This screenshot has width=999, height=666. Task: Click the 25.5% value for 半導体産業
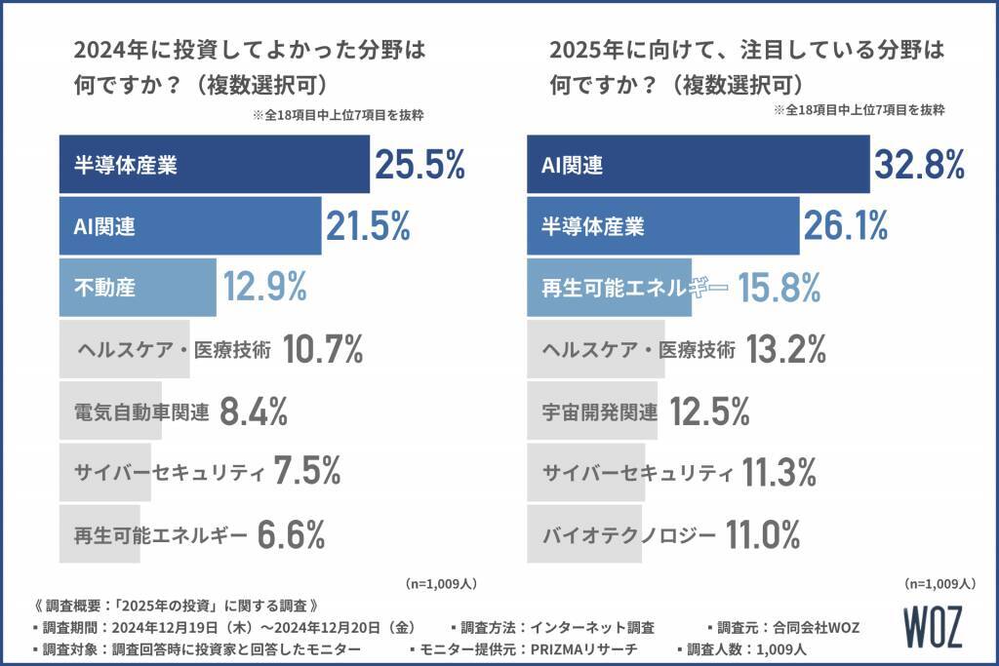point(420,166)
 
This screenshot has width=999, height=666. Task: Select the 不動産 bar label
point(104,288)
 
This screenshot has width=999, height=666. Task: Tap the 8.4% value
point(254,411)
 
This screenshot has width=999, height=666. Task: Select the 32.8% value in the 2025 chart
point(919,166)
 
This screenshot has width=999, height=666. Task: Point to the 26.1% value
point(846,226)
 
